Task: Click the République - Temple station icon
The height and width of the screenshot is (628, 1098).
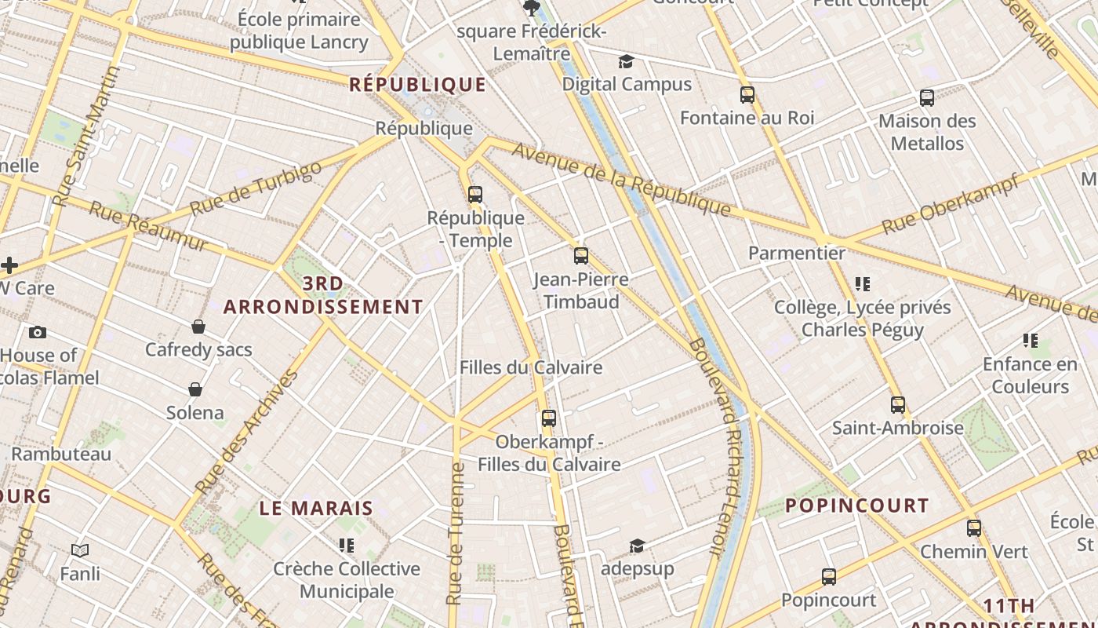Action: (475, 194)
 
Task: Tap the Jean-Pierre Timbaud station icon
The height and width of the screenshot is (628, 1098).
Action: (581, 255)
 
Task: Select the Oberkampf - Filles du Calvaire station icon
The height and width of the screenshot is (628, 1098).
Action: (549, 418)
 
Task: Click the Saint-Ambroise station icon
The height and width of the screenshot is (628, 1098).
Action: (898, 405)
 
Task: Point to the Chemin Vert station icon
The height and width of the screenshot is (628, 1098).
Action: (974, 528)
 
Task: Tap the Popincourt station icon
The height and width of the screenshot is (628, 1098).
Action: (829, 577)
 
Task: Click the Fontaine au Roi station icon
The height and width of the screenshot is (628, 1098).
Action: (747, 95)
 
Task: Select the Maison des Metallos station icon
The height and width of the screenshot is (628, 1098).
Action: (927, 98)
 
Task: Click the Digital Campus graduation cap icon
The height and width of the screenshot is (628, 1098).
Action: (626, 61)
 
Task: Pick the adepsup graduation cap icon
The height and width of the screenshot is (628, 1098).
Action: (637, 546)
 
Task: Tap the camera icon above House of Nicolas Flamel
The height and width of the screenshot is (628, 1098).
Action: (37, 332)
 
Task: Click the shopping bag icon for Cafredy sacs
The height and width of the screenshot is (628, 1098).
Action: (198, 327)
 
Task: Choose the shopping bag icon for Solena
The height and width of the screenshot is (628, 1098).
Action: (195, 389)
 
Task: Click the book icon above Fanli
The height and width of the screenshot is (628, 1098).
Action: (80, 550)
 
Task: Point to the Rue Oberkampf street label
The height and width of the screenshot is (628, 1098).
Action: (951, 203)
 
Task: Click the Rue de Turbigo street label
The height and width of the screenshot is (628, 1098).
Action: (256, 188)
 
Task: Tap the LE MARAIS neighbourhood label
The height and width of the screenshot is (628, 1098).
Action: (316, 508)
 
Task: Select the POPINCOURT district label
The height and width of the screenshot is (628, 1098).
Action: (857, 506)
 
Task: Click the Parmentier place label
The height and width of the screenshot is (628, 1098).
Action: (796, 253)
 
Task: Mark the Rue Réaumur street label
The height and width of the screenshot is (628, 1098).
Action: (148, 227)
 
